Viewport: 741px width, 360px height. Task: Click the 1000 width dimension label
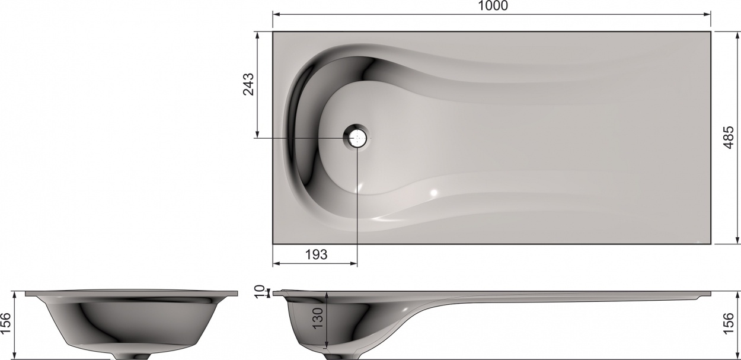(493, 5)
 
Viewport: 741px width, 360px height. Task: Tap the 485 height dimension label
(729, 138)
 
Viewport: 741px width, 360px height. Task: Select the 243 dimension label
(248, 84)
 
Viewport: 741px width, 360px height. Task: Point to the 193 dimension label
(316, 254)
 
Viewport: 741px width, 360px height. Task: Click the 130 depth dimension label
(317, 318)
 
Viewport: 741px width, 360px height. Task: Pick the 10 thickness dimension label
(260, 292)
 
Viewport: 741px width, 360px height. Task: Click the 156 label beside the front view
(7, 324)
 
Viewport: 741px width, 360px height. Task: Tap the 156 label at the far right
(729, 324)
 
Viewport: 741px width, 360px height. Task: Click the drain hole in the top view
(357, 138)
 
